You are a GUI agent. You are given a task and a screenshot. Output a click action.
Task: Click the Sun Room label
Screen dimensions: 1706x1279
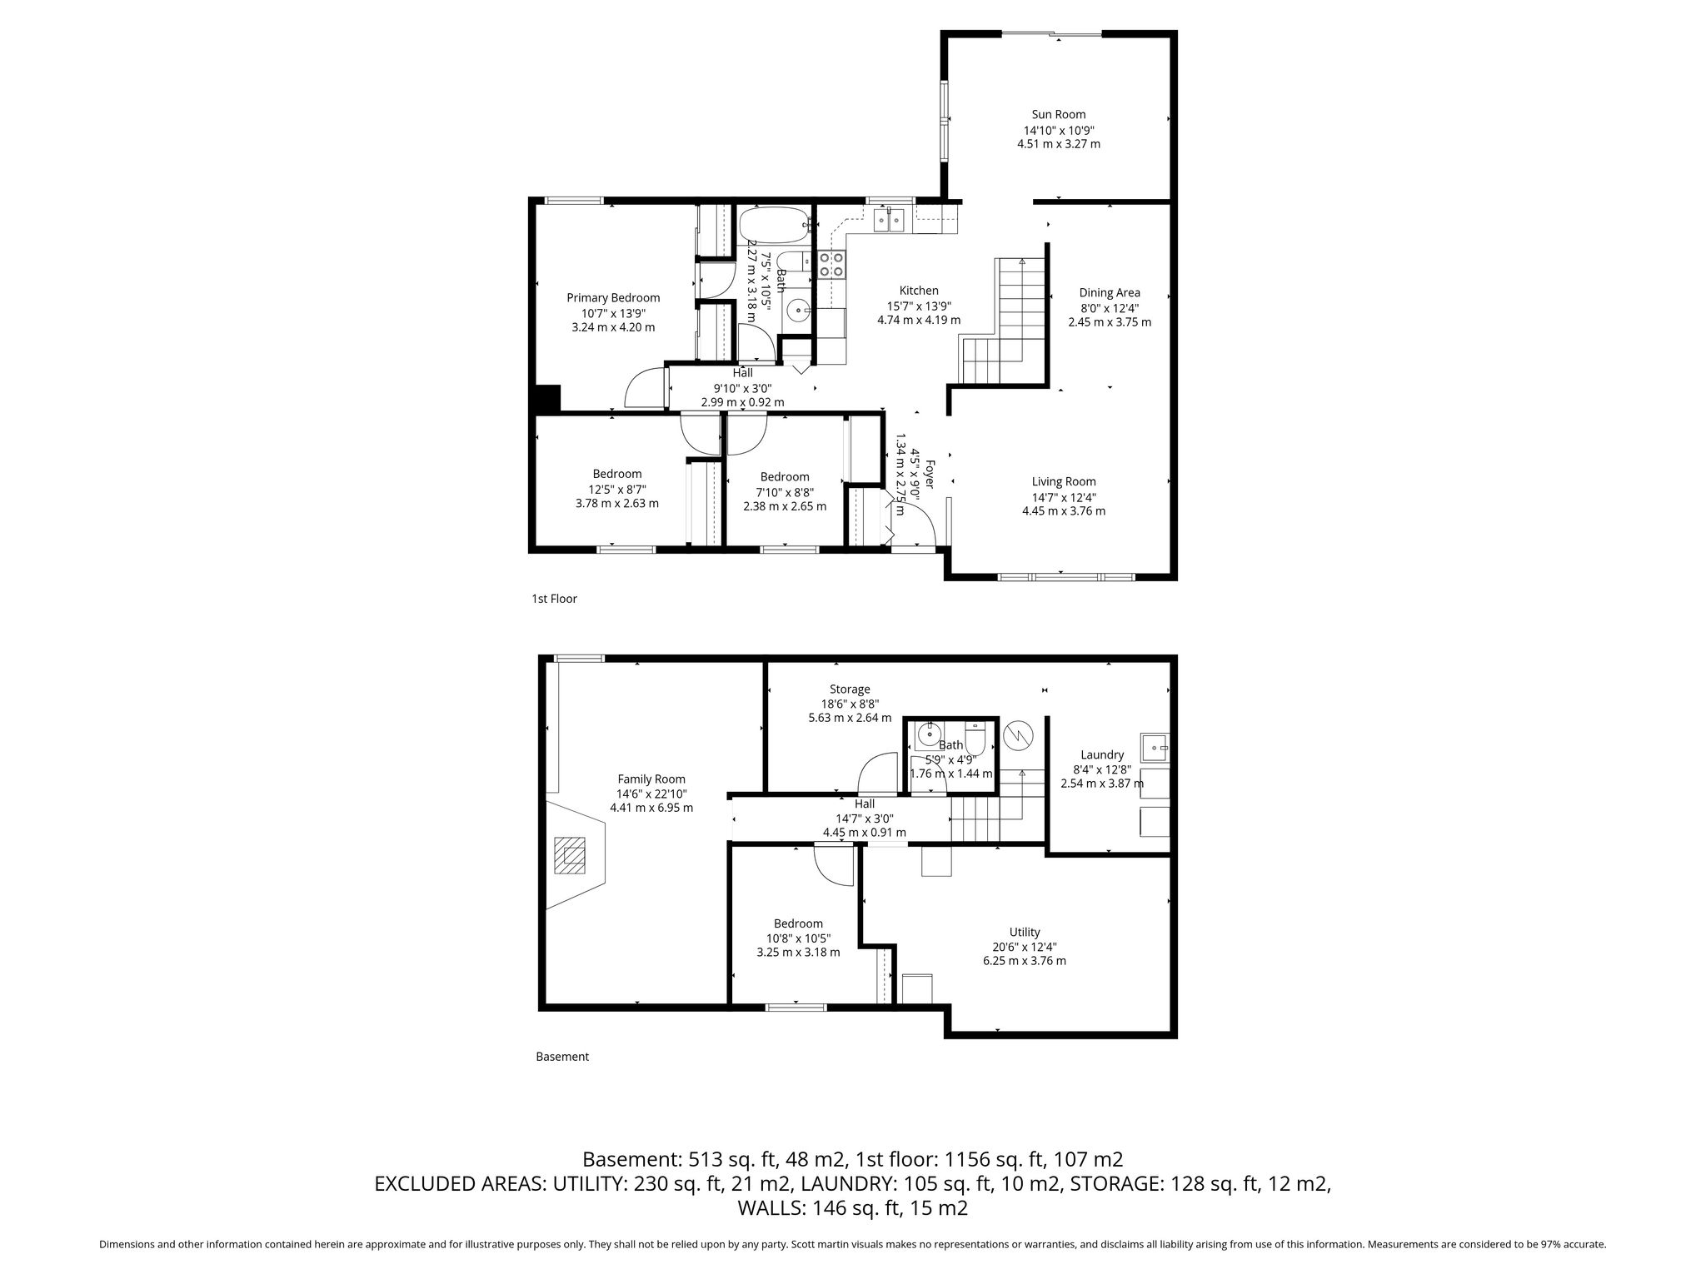point(1059,115)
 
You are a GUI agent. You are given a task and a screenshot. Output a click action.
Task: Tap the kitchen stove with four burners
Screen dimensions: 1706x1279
point(831,265)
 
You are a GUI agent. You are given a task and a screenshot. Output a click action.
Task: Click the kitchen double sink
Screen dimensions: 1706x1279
point(889,220)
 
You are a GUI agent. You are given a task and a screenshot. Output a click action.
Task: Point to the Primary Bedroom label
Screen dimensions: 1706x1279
point(613,298)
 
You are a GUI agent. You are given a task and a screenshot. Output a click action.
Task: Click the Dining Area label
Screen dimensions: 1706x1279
point(1110,293)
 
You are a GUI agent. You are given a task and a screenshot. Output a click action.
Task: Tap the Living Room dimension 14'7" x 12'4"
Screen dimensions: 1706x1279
point(1064,497)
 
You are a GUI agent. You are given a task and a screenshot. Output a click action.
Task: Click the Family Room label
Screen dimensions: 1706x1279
point(651,779)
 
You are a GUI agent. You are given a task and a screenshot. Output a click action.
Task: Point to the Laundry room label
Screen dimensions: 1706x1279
point(1102,755)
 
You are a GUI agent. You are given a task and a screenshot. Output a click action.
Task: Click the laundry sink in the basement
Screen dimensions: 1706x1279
point(1155,748)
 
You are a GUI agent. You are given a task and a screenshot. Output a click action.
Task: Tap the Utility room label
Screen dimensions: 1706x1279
point(1025,933)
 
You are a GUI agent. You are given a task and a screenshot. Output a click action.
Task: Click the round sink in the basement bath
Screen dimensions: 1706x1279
point(927,735)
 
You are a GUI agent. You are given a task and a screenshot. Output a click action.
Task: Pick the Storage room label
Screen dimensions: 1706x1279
point(850,689)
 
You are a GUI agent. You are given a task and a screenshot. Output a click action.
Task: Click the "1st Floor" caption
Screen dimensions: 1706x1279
point(554,599)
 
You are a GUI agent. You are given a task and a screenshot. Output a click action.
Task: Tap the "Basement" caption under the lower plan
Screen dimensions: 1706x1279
point(562,1057)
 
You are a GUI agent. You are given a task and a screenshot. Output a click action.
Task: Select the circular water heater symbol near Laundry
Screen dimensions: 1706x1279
point(1018,734)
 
